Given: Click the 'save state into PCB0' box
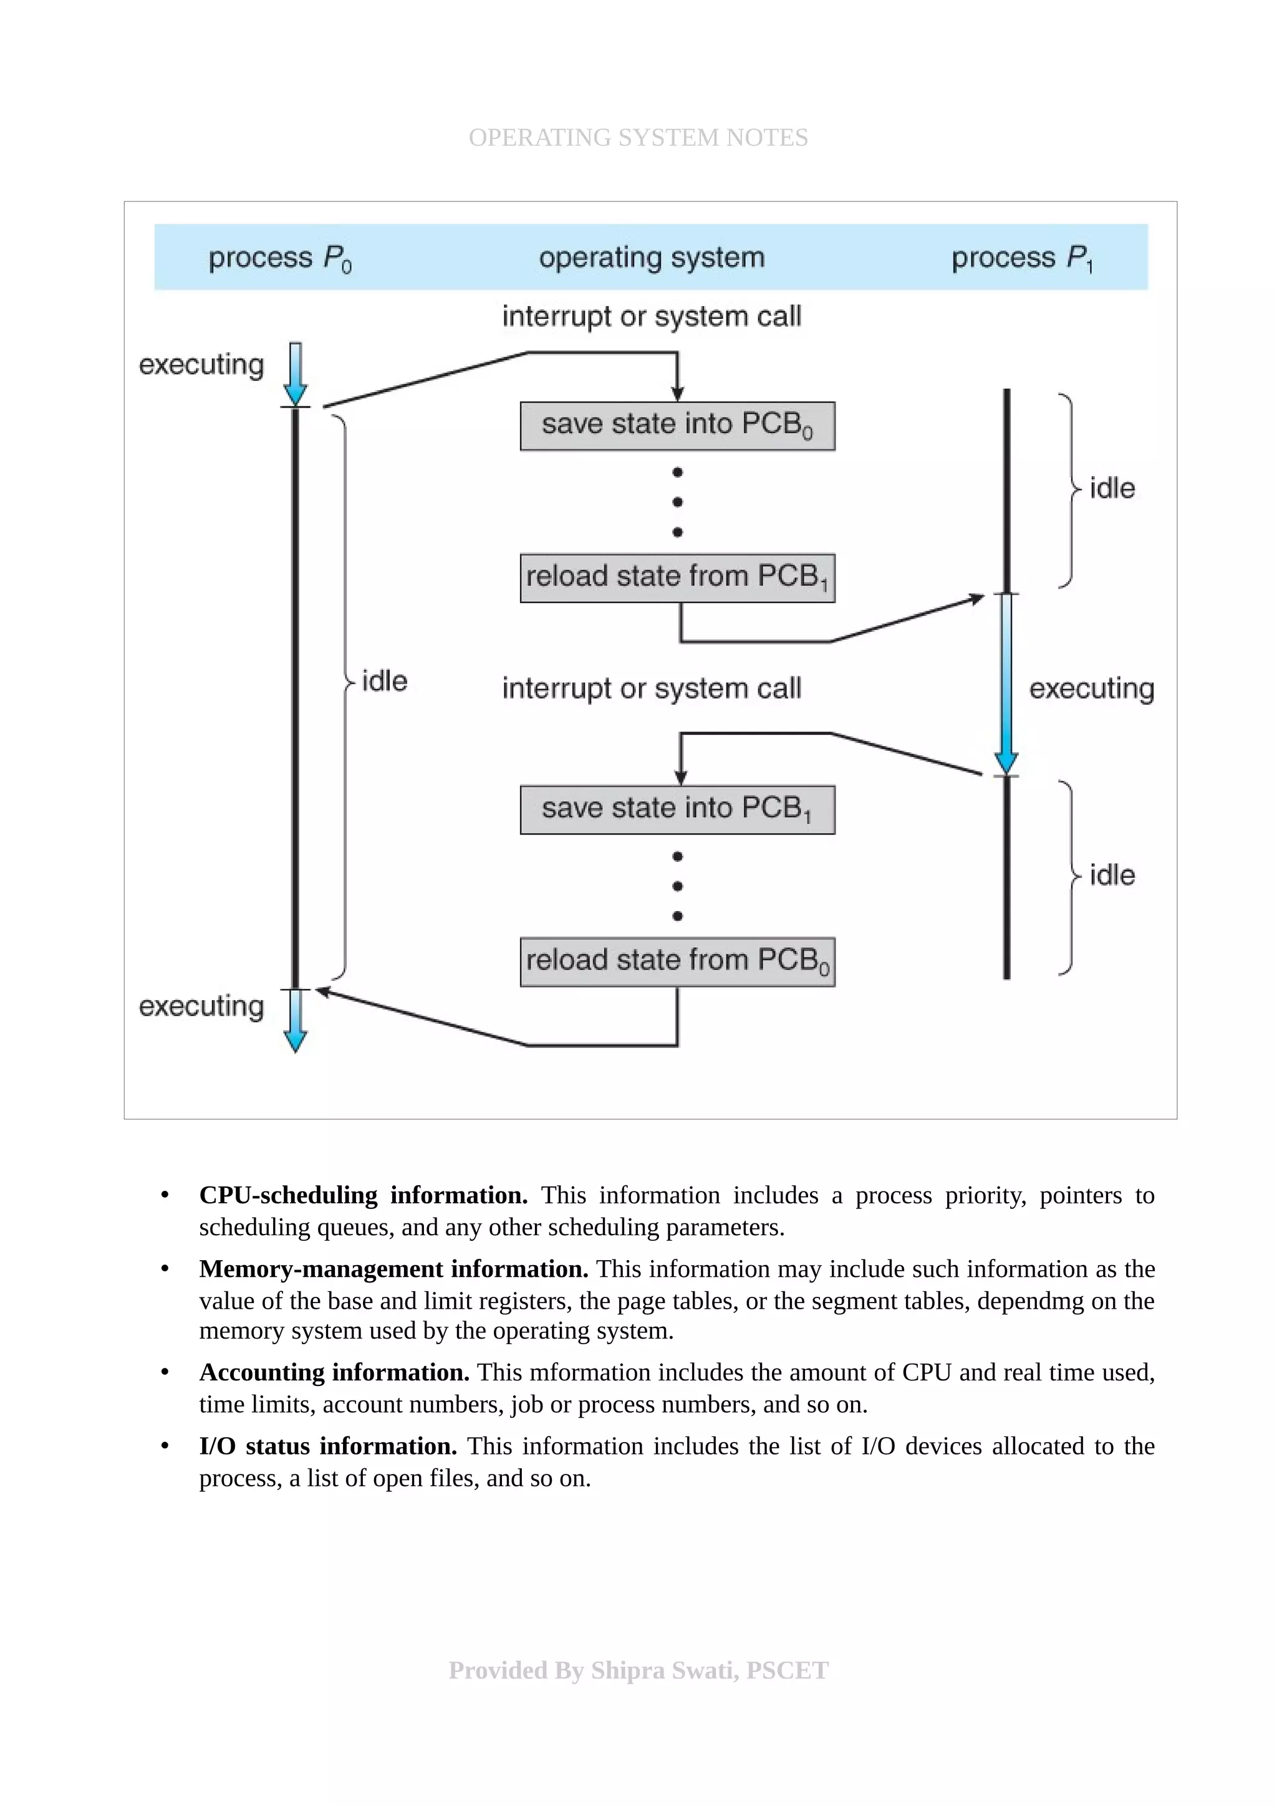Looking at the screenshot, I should point(677,426).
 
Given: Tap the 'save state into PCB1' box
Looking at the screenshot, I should point(677,810).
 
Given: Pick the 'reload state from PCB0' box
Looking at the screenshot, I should point(677,961).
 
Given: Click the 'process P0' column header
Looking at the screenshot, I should point(279,258).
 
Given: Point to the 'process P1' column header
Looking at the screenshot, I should point(1021,258).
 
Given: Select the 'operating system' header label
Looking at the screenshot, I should point(652,258).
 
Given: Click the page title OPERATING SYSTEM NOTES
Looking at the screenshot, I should point(638,138).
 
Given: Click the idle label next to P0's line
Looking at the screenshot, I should point(384,681).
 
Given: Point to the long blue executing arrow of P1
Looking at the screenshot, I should point(1006,684).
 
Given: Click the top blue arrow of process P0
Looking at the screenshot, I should point(295,374).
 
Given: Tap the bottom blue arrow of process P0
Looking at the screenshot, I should point(295,1020).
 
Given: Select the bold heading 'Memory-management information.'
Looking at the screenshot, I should point(393,1269).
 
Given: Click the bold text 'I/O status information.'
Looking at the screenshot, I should point(328,1446).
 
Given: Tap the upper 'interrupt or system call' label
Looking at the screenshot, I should point(652,316).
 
